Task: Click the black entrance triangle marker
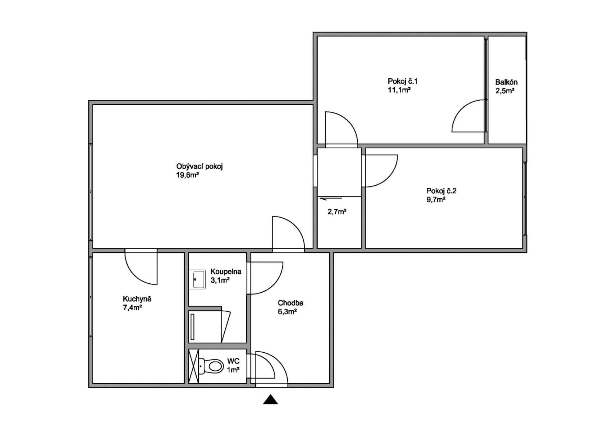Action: coord(270,400)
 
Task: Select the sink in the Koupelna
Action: coord(199,279)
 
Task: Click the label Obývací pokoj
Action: coord(199,167)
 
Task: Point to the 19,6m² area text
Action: coord(188,175)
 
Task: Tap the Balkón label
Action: coord(506,82)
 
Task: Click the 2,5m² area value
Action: coord(505,91)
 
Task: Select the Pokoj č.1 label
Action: coord(402,81)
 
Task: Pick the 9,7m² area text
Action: coord(436,200)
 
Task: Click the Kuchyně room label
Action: coord(137,299)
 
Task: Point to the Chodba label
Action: coord(290,303)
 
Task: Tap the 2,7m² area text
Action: coord(337,212)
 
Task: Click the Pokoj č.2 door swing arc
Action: coord(388,176)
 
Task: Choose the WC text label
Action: coord(233,361)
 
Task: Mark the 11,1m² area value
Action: coord(399,90)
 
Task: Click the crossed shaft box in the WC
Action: coord(193,366)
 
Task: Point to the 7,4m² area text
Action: coord(132,308)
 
